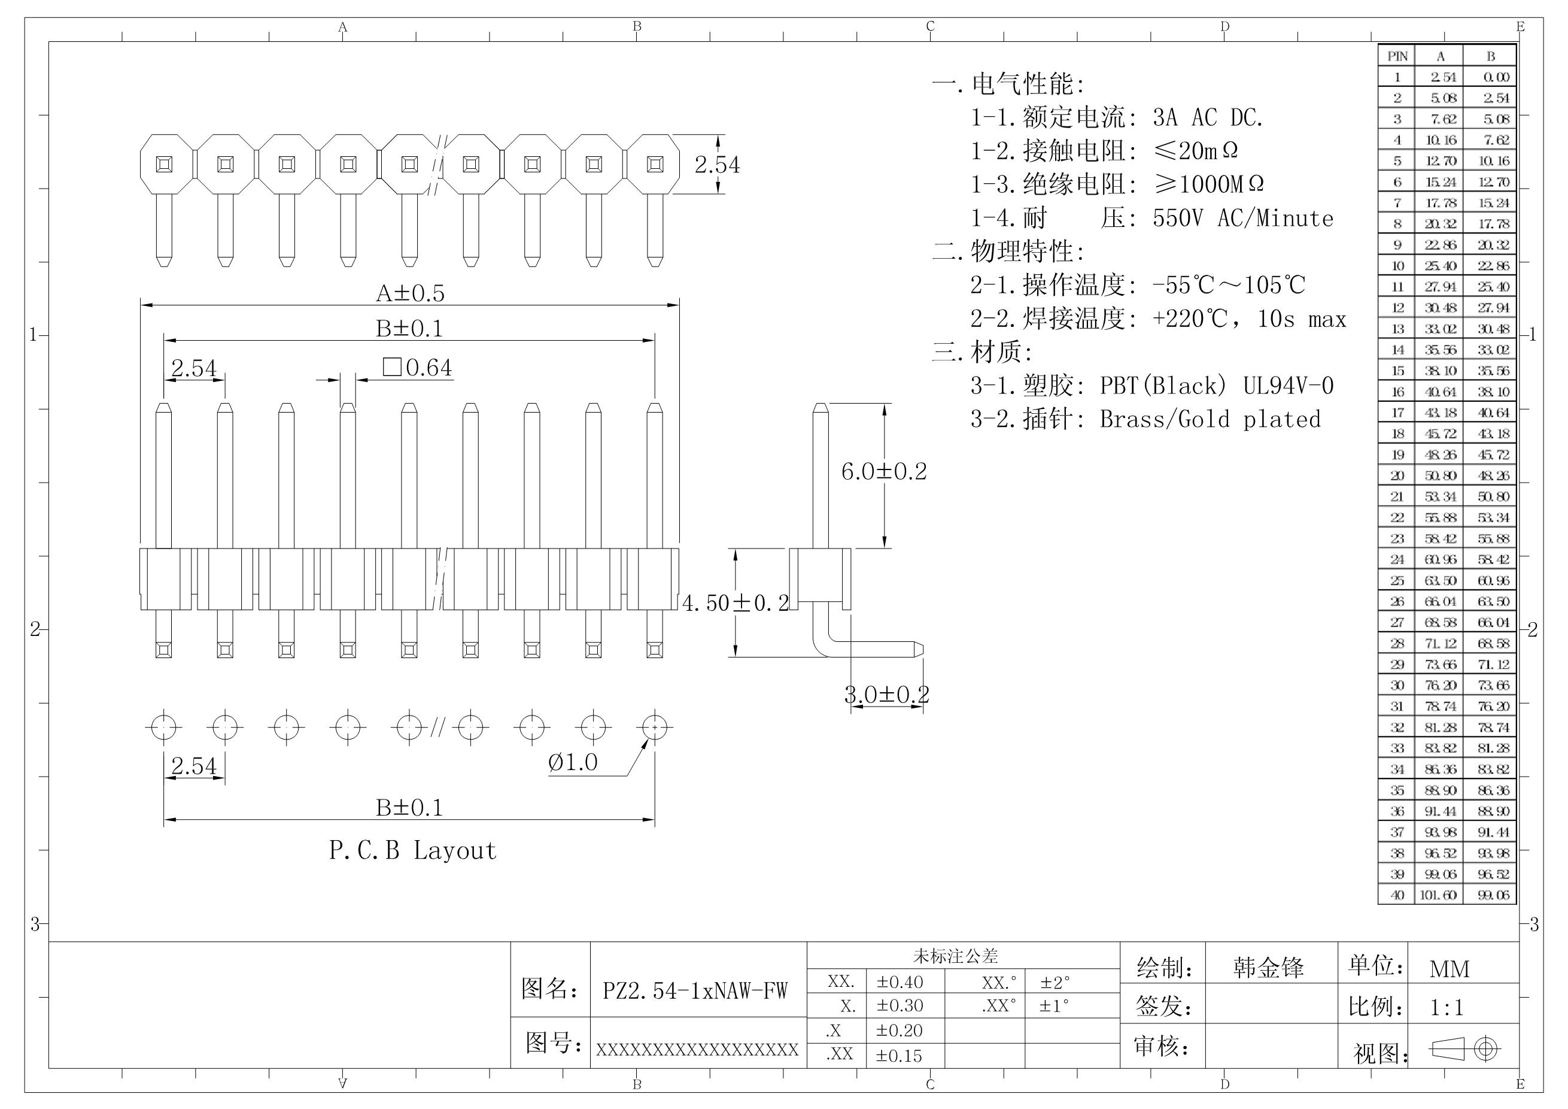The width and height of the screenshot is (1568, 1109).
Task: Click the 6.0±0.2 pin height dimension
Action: [884, 471]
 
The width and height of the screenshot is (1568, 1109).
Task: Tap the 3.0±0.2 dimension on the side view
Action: [886, 695]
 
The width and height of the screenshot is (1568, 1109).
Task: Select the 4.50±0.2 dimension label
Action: [736, 602]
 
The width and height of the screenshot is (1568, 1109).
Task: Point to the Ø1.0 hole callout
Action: [572, 762]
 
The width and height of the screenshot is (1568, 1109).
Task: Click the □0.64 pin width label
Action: [417, 368]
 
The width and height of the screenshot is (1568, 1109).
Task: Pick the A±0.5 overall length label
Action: [410, 293]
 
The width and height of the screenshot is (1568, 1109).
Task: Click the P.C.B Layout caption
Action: [412, 851]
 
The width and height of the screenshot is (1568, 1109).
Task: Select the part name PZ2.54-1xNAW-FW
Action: [695, 990]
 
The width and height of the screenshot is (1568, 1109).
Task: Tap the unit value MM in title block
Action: [1449, 969]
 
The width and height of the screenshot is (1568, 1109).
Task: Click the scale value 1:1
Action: [1447, 1007]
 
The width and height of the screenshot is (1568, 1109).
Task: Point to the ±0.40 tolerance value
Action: [900, 983]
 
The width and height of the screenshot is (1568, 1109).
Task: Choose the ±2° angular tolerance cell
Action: [1055, 983]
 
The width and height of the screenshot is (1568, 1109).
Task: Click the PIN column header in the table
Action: [1397, 56]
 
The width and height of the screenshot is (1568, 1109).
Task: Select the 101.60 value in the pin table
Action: [1438, 895]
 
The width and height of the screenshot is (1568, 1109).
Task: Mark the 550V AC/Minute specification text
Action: [1242, 219]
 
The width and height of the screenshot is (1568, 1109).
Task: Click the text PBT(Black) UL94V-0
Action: [1216, 386]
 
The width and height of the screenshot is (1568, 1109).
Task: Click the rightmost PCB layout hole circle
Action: [654, 728]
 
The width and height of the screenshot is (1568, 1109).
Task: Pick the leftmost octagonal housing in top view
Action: [165, 164]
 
